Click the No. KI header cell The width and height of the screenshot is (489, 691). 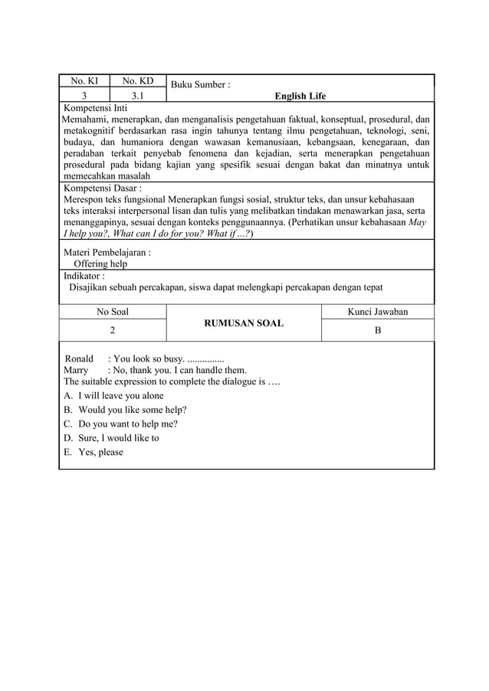84,81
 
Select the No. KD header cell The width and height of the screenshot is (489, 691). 137,81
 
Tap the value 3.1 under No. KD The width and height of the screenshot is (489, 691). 137,96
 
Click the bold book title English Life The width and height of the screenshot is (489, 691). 300,96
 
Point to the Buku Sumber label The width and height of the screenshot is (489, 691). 201,84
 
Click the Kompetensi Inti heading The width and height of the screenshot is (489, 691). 96,108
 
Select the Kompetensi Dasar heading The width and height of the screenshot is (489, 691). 102,186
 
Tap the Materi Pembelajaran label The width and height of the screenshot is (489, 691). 107,251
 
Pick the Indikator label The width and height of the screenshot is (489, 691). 84,275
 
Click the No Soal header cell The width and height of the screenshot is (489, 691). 113,312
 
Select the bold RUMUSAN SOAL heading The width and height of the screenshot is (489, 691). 244,323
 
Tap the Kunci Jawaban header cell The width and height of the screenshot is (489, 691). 378,312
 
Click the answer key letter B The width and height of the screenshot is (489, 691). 378,330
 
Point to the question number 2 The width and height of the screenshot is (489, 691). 113,330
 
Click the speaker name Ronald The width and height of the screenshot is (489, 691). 79,359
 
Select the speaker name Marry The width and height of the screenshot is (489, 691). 77,370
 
